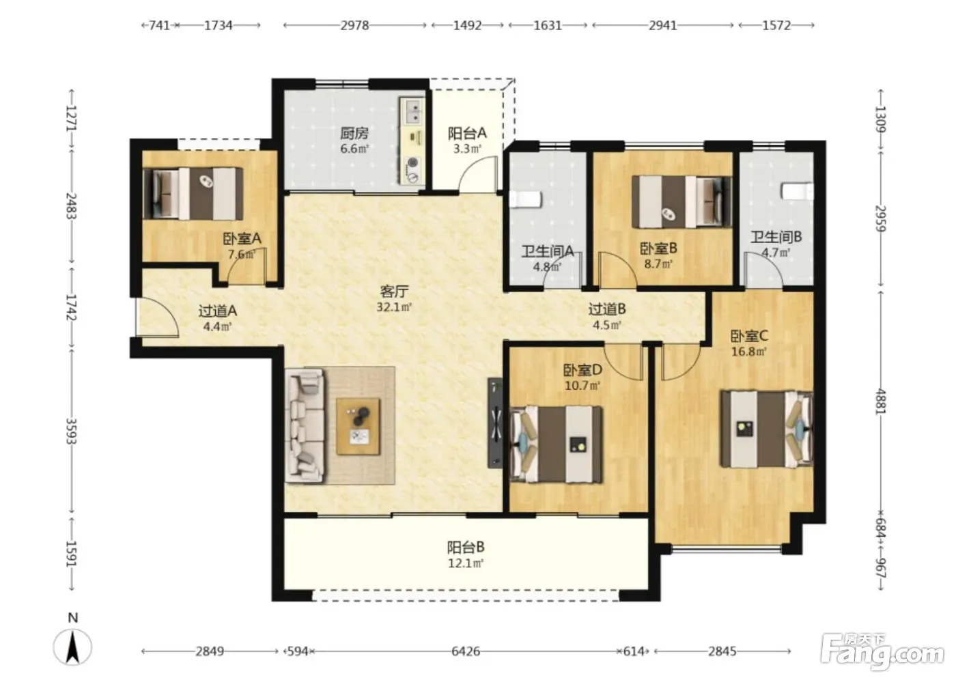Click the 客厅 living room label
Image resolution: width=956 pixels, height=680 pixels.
coord(394,292)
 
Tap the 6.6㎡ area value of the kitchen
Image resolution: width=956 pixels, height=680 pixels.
coord(354,149)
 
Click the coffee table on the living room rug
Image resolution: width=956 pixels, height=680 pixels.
coord(358,426)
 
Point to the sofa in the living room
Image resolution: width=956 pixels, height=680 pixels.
coord(304,426)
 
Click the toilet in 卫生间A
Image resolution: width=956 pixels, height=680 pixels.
coord(526,199)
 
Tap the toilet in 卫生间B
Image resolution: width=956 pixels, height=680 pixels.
coord(798,191)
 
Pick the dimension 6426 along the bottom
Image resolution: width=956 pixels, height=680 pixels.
coord(466,651)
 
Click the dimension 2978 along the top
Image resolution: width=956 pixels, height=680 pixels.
coord(354,25)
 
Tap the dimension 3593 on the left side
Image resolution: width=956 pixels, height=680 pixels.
coord(71,431)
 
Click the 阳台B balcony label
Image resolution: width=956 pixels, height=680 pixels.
coord(466,546)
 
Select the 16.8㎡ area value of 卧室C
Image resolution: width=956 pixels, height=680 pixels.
coord(749,352)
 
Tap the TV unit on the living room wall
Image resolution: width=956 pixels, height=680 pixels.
coord(495,423)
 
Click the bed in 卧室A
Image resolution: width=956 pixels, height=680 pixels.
coord(193,194)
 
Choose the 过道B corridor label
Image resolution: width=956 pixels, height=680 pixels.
coord(607,309)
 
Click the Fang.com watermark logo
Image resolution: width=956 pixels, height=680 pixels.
coord(882,651)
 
